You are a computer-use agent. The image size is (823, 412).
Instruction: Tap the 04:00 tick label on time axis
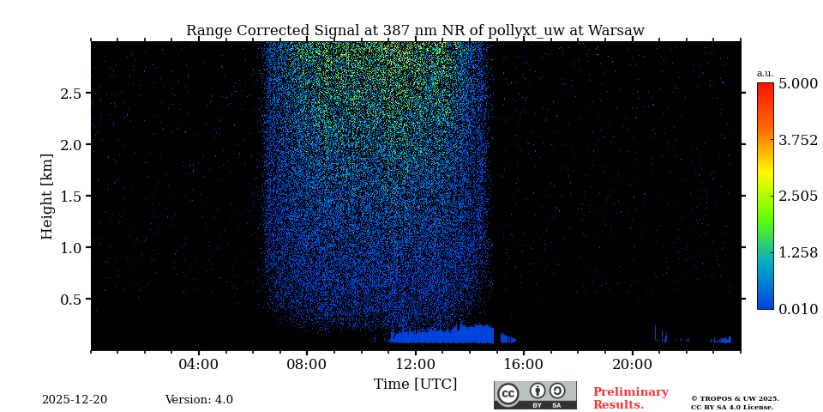(x=199, y=364)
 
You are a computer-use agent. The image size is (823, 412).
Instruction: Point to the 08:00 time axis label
(x=307, y=364)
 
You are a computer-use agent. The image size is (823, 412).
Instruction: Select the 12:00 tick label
(x=415, y=364)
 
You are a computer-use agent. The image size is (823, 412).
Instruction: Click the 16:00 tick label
(x=524, y=364)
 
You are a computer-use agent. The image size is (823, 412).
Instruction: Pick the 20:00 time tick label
(x=632, y=364)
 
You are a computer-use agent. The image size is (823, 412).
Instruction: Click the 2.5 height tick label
(x=70, y=94)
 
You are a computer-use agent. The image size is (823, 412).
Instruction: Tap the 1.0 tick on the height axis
(x=70, y=248)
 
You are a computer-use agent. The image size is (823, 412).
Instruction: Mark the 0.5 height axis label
(x=70, y=300)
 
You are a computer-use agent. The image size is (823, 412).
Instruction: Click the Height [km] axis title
(x=47, y=196)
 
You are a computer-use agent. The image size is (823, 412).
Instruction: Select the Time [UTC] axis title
(x=415, y=384)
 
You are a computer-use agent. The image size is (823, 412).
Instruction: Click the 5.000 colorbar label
(x=797, y=84)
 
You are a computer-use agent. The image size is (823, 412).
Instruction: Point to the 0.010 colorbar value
(x=797, y=309)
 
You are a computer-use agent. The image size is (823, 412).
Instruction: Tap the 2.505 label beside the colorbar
(x=797, y=197)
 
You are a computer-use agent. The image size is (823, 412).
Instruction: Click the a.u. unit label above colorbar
(x=765, y=73)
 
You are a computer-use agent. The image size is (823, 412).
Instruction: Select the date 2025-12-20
(x=75, y=400)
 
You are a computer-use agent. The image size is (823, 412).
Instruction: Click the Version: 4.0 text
(x=199, y=400)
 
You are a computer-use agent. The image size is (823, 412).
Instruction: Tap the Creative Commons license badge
(x=535, y=395)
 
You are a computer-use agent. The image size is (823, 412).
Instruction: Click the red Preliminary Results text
(x=630, y=398)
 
